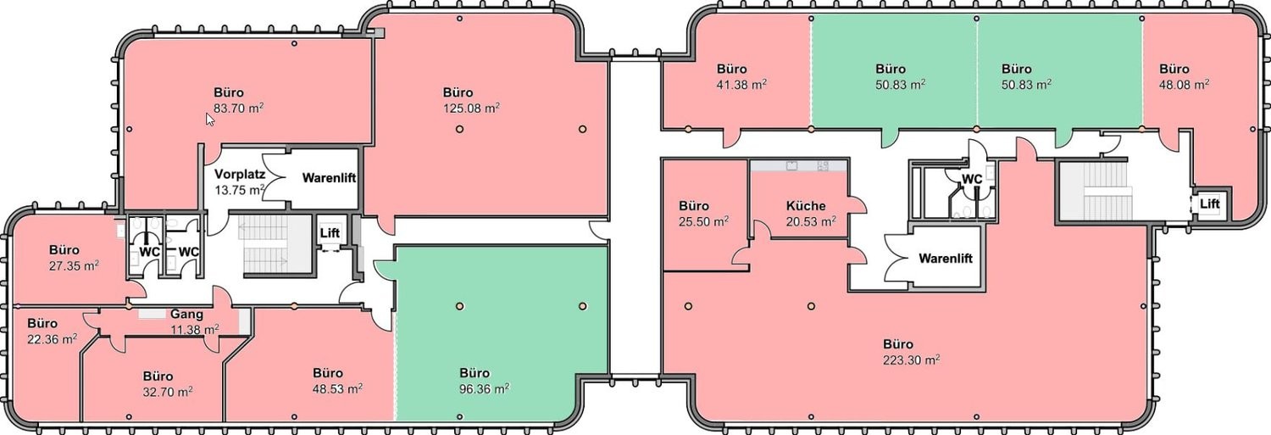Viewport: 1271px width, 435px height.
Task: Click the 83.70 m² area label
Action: pos(238,108)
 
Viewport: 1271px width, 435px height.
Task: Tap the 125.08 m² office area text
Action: pos(471,108)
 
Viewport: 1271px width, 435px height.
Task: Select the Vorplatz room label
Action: pos(240,174)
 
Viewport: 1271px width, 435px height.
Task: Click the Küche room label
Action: pos(806,205)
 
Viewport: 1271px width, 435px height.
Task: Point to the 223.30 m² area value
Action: pos(911,360)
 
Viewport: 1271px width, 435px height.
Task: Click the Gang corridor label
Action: pos(186,314)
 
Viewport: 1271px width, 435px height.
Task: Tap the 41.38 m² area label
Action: pos(741,85)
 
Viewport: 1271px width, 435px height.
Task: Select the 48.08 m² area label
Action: pos(1184,85)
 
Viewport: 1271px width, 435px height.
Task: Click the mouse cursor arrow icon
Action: pos(209,120)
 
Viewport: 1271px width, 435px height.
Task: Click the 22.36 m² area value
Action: pos(53,339)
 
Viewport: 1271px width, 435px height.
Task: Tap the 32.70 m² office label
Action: pos(168,392)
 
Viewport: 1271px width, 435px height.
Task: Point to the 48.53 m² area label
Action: pos(337,388)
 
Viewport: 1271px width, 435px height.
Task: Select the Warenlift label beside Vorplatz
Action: pos(329,178)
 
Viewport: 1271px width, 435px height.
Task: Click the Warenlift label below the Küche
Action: pos(946,259)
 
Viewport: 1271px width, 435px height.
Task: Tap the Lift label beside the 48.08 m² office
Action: pos(1210,204)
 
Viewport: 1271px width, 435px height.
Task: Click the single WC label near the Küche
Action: pos(971,179)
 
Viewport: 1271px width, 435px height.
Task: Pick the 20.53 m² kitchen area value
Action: pos(811,221)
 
